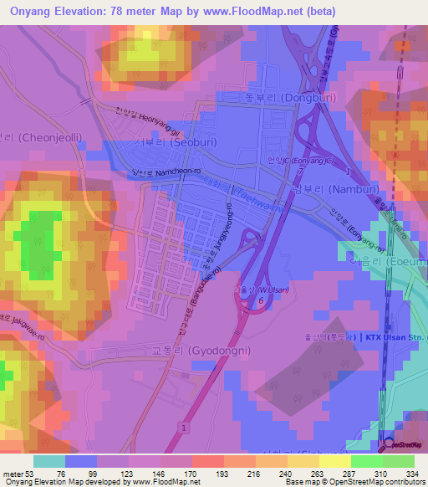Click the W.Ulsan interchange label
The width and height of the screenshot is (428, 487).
click(x=256, y=290)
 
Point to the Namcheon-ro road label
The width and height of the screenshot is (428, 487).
click(x=153, y=172)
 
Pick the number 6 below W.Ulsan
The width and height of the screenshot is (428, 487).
click(x=262, y=300)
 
